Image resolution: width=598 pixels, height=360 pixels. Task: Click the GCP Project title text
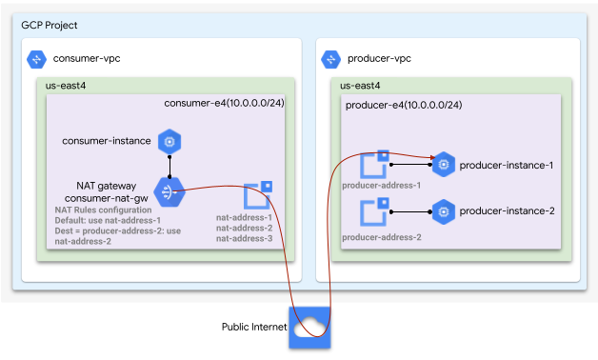(x=50, y=25)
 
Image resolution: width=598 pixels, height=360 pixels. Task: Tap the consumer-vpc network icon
(x=37, y=59)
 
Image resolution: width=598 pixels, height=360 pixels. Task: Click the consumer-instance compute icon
(x=169, y=142)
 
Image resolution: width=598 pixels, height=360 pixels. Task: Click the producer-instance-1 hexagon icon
(x=442, y=166)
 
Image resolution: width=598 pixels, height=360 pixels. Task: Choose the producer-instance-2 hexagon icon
(x=442, y=211)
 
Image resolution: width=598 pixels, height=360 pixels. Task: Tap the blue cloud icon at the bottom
(x=309, y=327)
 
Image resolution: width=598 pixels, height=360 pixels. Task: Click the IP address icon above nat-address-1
(x=258, y=195)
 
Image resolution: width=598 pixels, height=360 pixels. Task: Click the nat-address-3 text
(x=245, y=239)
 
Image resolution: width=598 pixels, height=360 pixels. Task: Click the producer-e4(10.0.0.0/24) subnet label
(x=403, y=104)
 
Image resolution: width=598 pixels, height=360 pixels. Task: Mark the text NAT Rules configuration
(x=103, y=210)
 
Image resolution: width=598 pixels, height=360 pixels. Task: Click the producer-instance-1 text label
(x=507, y=166)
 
